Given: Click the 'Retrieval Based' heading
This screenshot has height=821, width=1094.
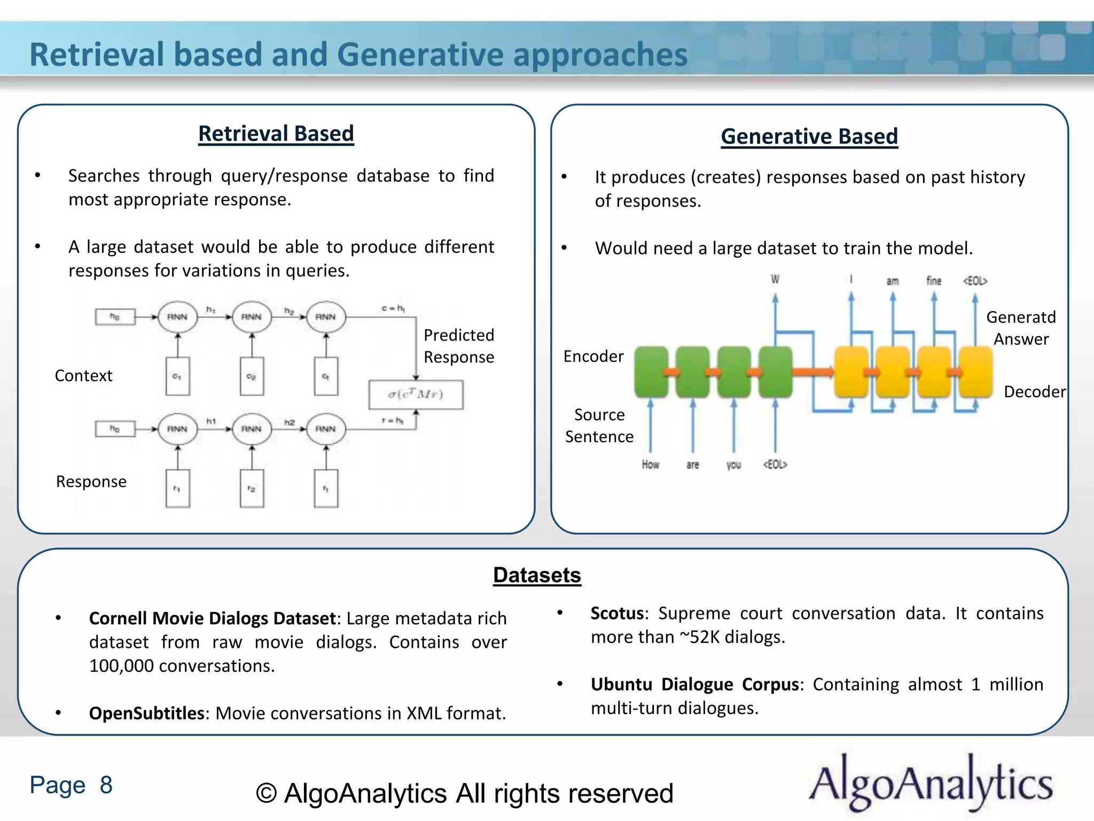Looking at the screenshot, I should (x=276, y=134).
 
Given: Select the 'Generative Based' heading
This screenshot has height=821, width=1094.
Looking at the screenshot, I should (x=809, y=136).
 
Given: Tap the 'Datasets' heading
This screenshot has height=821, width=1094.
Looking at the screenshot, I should (x=536, y=575).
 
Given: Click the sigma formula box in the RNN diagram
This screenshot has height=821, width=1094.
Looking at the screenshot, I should (x=416, y=394).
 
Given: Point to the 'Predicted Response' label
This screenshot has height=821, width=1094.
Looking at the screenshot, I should (x=458, y=346).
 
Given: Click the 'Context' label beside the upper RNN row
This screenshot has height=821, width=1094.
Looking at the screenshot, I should (x=83, y=376).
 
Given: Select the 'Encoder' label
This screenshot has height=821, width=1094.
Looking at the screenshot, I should (x=593, y=357).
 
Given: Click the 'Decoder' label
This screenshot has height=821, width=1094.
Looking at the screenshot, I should (x=1034, y=392).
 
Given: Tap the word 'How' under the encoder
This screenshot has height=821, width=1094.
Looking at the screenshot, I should (x=650, y=464).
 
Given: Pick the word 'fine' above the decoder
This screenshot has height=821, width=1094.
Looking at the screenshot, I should (x=933, y=281).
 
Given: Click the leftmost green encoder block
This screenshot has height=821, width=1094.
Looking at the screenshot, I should (x=651, y=372).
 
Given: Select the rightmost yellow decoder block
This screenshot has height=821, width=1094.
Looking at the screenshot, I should (x=975, y=372).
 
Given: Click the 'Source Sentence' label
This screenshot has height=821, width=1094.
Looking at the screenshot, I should (x=599, y=425).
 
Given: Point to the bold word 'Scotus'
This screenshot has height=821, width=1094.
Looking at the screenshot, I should (x=617, y=613).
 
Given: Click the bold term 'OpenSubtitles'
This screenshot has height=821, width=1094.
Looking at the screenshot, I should (x=146, y=713).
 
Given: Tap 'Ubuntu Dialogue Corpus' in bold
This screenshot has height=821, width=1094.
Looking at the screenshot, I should (x=694, y=684).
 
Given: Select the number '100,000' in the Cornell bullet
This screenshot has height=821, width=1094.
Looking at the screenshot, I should (x=121, y=666).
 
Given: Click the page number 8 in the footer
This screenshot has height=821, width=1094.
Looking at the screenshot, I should (x=106, y=785).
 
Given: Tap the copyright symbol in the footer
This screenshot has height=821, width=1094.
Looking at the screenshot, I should (x=266, y=794).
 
